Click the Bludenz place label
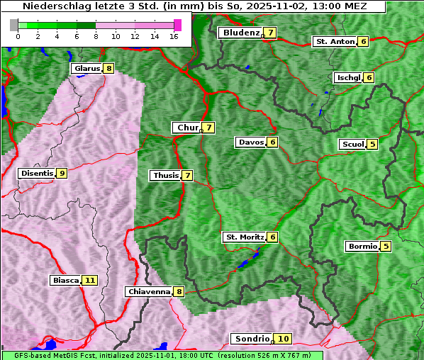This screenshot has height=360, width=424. click(x=240, y=33)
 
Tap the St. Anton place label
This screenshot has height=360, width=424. click(x=335, y=41)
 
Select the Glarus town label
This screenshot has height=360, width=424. click(x=86, y=68)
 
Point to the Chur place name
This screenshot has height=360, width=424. click(x=187, y=128)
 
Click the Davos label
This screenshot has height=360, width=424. click(x=251, y=142)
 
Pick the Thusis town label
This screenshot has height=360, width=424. click(x=165, y=175)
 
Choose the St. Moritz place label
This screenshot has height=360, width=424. click(x=244, y=237)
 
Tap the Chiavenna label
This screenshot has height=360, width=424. click(x=148, y=291)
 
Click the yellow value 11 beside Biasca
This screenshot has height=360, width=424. click(x=89, y=280)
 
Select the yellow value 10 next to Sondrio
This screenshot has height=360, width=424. click(x=283, y=339)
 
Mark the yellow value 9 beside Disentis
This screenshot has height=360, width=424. click(x=62, y=173)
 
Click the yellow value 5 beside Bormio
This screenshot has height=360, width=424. click(x=386, y=247)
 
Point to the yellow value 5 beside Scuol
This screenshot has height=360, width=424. click(x=373, y=144)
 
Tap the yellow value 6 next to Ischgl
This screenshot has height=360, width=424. click(x=369, y=77)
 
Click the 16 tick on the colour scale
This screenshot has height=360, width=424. click(x=174, y=36)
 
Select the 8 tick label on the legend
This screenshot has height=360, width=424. click(x=96, y=36)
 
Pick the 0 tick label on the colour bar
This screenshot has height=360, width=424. click(x=17, y=36)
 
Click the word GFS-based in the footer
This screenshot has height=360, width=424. click(x=26, y=355)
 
